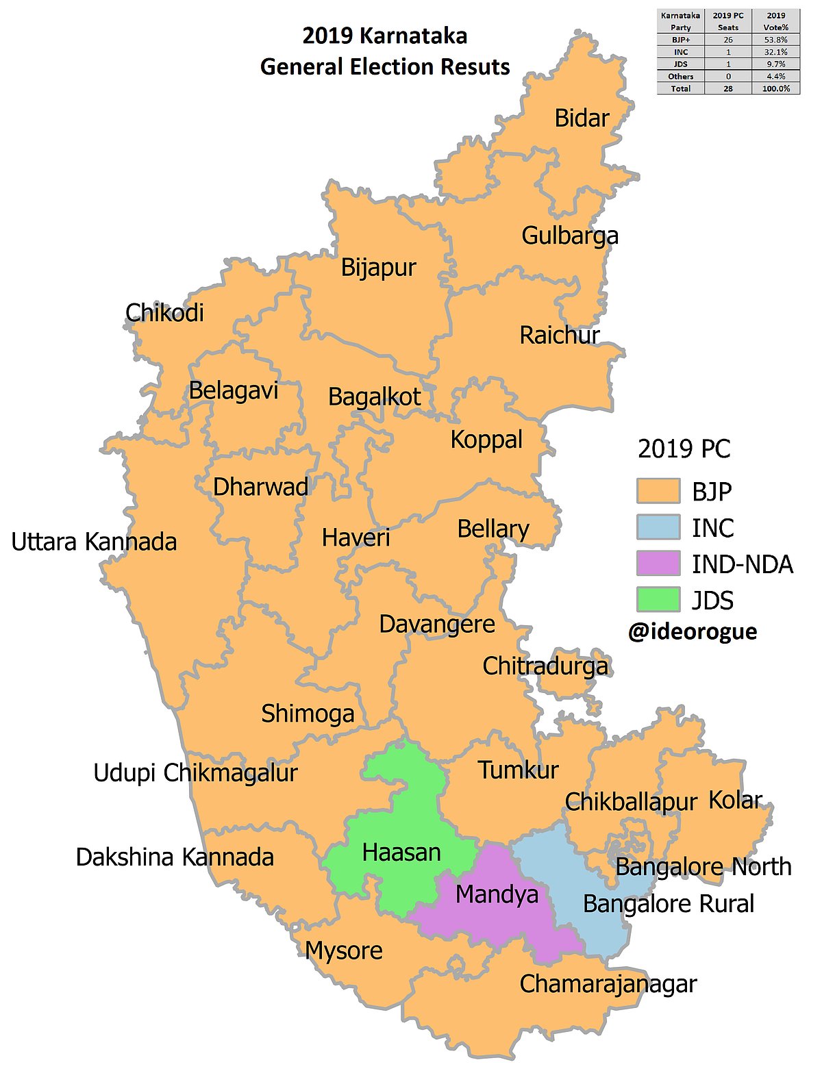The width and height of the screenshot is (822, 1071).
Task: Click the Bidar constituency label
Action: (x=582, y=118)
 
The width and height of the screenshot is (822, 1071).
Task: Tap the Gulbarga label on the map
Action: (x=569, y=236)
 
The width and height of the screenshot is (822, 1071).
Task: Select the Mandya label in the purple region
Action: (x=497, y=894)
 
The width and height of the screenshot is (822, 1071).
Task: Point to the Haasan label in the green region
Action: (x=401, y=853)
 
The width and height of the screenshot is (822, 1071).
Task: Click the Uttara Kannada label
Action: (x=94, y=542)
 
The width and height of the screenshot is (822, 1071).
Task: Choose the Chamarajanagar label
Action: (x=608, y=984)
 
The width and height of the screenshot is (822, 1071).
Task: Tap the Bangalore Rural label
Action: (x=668, y=904)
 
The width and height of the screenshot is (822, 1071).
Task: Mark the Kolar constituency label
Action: (x=735, y=800)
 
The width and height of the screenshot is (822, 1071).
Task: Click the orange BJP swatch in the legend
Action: (x=658, y=492)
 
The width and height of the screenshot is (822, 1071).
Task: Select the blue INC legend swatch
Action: (x=658, y=528)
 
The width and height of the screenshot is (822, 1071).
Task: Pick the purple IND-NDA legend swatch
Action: (x=658, y=564)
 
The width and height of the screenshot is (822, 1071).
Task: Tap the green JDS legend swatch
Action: (x=658, y=600)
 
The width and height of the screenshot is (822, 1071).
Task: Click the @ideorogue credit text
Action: (x=693, y=631)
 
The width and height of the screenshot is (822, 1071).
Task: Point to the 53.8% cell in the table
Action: (x=776, y=40)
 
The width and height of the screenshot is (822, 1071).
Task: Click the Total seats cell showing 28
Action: (x=728, y=89)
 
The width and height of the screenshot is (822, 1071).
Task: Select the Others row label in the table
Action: (x=681, y=77)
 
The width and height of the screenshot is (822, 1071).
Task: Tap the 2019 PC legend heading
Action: (x=684, y=449)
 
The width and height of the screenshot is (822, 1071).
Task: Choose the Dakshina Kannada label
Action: (x=175, y=857)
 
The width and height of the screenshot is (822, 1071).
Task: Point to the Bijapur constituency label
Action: (x=378, y=268)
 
